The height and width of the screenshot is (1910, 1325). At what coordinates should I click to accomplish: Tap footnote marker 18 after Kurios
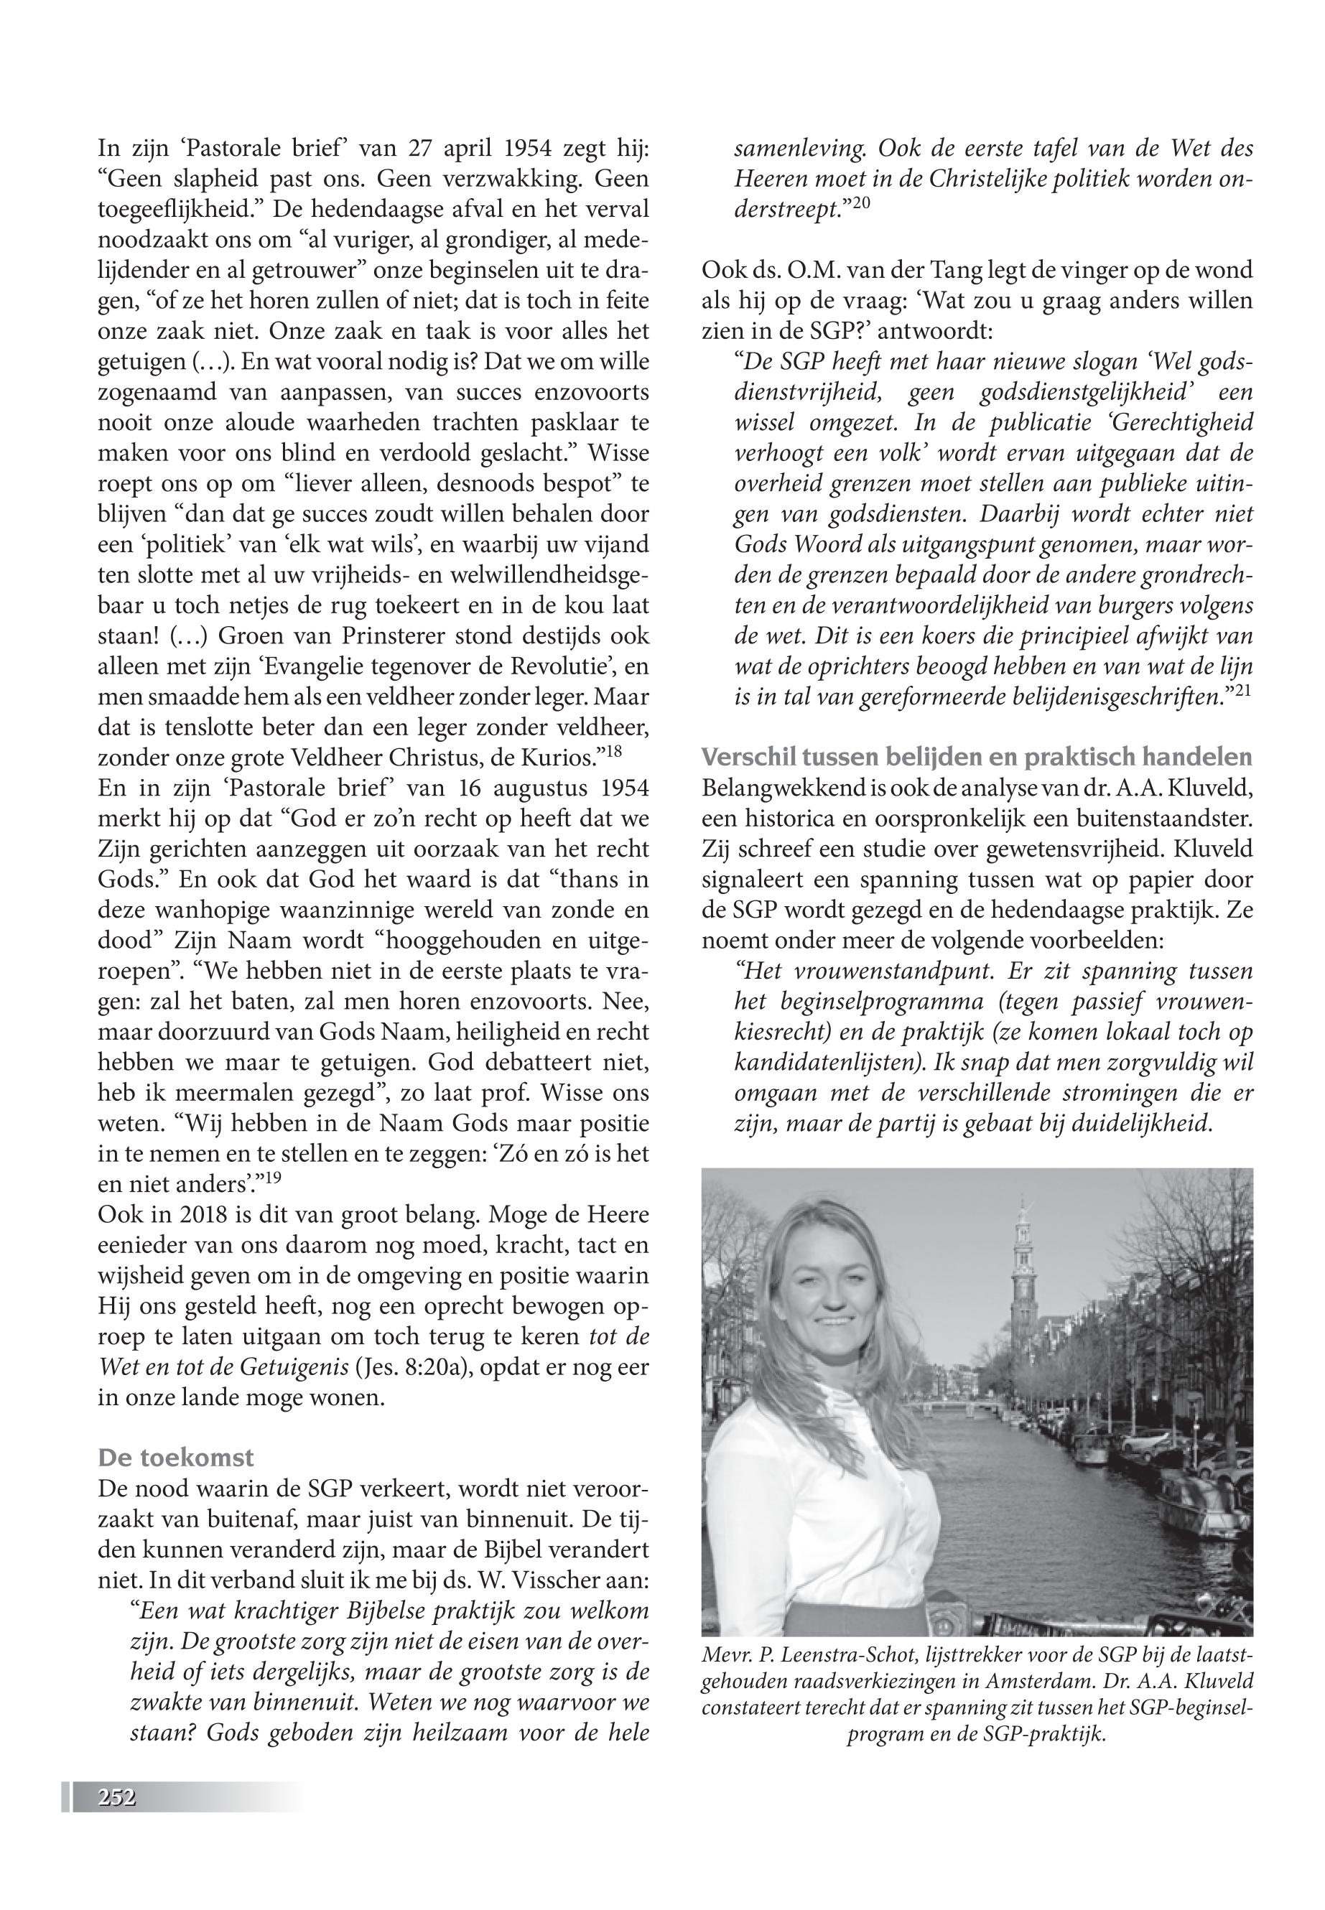(613, 751)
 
